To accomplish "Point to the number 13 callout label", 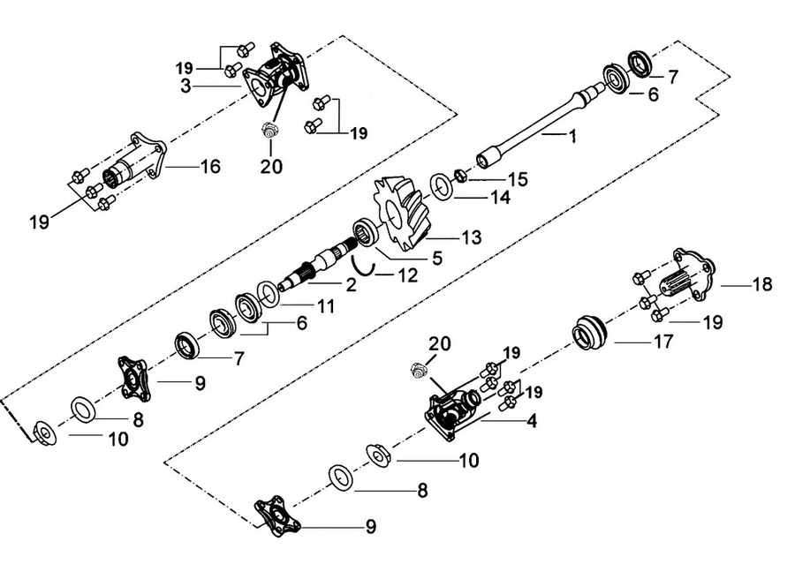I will click(x=472, y=237).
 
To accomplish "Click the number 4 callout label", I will click(x=532, y=422).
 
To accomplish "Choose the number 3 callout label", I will click(x=186, y=86).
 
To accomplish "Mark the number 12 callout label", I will click(x=406, y=275).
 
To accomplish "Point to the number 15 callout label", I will click(x=517, y=179).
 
